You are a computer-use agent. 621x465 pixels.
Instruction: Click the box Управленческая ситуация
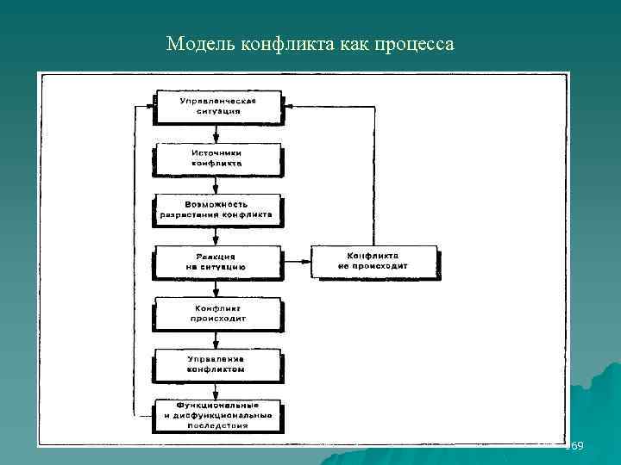(x=216, y=106)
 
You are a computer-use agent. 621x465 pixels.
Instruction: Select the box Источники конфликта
(x=216, y=157)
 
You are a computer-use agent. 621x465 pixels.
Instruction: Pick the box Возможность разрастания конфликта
(x=216, y=208)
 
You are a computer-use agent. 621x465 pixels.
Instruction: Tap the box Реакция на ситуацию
(x=216, y=261)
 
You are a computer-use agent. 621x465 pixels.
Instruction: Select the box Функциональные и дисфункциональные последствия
(x=217, y=413)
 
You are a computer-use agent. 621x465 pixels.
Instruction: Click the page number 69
(x=576, y=446)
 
